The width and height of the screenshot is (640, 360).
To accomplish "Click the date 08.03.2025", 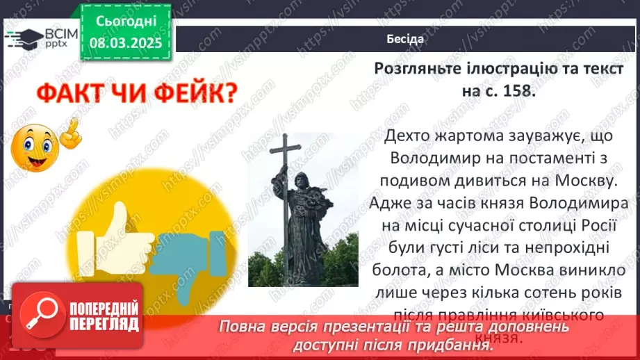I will click(125, 43).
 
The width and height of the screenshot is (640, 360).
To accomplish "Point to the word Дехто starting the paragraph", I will click(408, 137).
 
